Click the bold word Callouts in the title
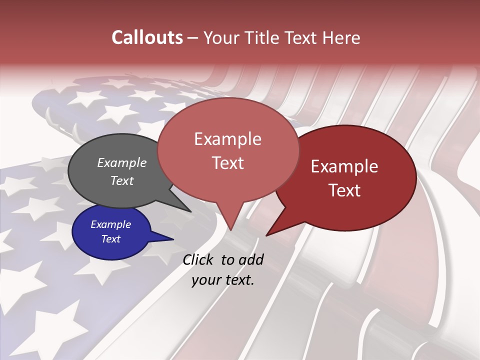(x=147, y=37)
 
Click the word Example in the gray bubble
(x=121, y=163)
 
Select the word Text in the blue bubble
(x=110, y=239)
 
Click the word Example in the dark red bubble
(x=344, y=167)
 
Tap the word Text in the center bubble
(x=228, y=163)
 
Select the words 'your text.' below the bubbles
(x=223, y=280)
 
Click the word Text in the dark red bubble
(x=344, y=190)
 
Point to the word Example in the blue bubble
(x=110, y=224)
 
